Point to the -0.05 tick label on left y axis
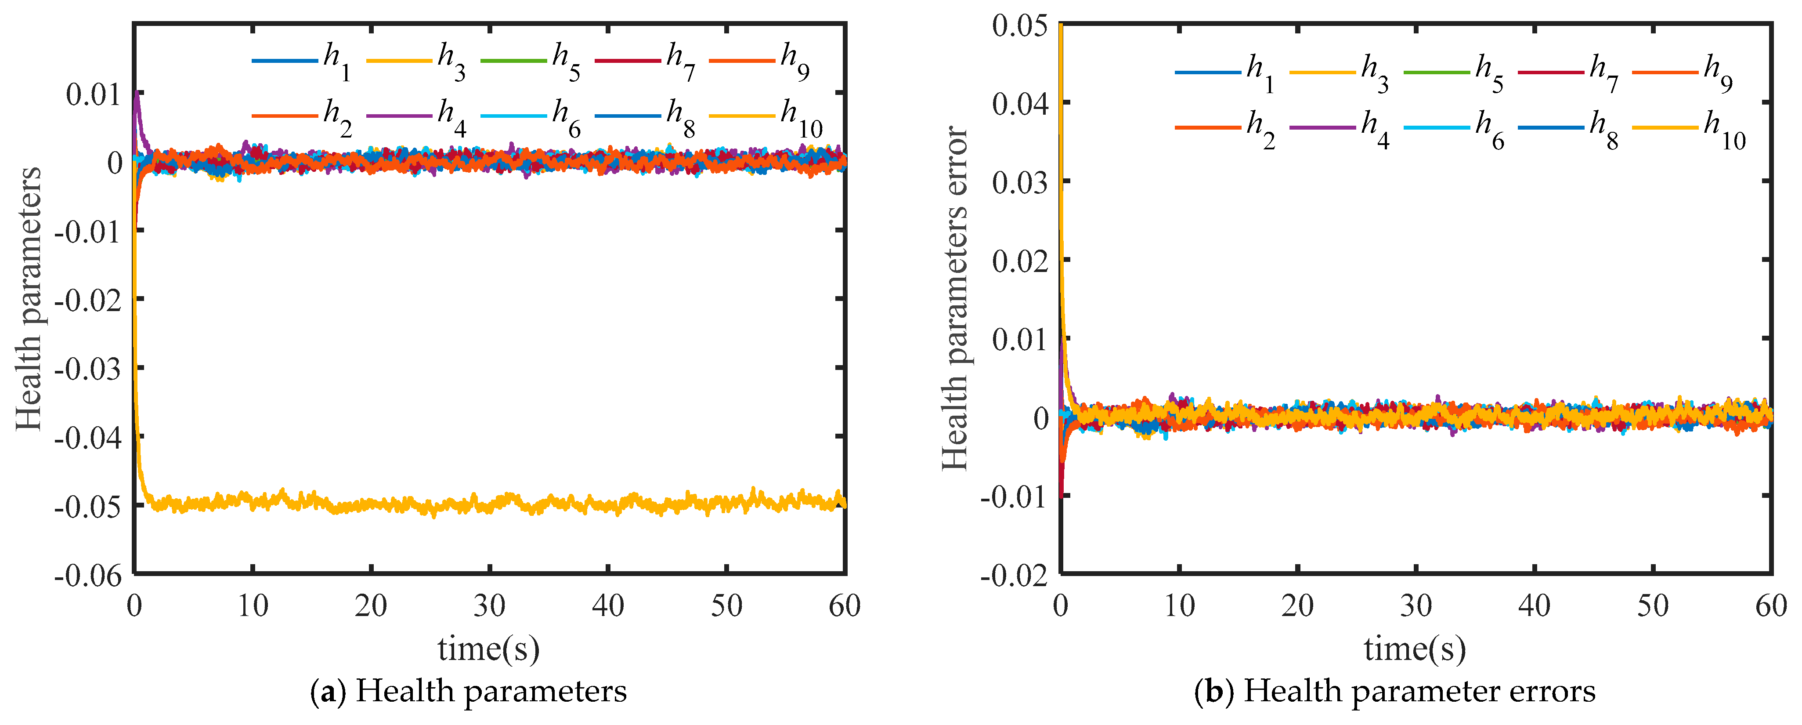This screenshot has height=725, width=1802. [87, 506]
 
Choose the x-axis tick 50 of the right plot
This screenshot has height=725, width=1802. [1652, 606]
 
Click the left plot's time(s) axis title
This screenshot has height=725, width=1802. [489, 648]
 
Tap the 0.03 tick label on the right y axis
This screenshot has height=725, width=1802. [1019, 182]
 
